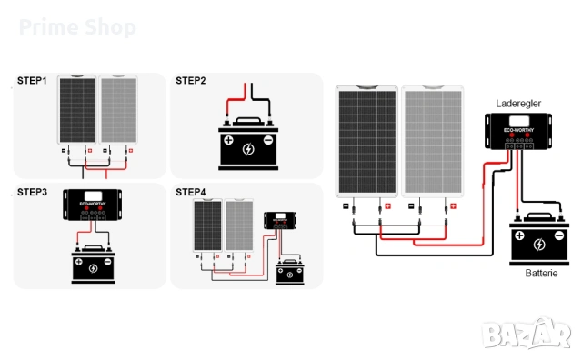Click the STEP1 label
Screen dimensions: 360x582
(x=34, y=81)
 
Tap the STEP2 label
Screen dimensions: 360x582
(x=191, y=81)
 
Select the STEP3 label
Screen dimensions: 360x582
(x=34, y=193)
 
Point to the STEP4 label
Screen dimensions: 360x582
(x=191, y=192)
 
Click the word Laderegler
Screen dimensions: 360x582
(x=517, y=105)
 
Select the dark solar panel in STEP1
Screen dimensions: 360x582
(x=75, y=109)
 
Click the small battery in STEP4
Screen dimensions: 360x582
(x=290, y=272)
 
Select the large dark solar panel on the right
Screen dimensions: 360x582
(x=366, y=141)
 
